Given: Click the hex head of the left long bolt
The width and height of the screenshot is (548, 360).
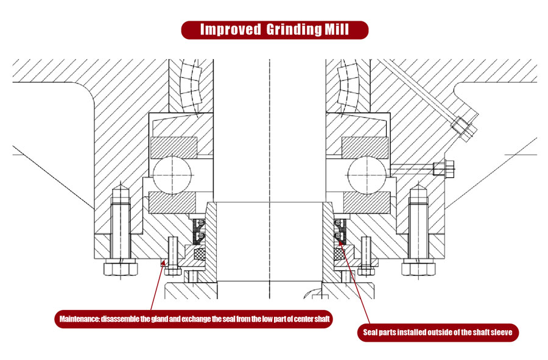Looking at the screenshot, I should click(x=121, y=267).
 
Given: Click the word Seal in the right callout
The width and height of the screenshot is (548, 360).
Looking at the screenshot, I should click(x=371, y=333).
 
